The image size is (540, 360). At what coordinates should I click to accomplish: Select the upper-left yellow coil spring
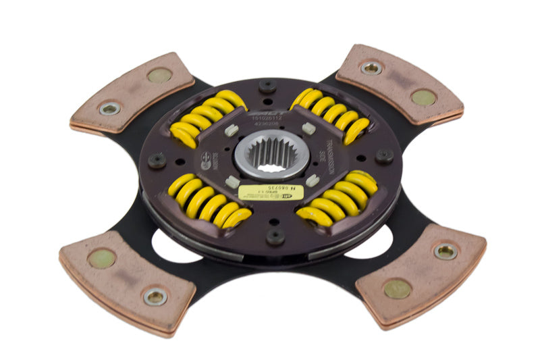[205, 118]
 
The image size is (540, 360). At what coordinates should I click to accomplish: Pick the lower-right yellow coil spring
[337, 199]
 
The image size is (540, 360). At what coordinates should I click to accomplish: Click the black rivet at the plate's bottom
[275, 236]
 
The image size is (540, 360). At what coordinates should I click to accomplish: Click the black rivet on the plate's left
[157, 160]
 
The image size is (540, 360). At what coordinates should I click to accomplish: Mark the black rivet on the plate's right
[385, 156]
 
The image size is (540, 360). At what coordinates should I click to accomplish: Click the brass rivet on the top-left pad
[159, 76]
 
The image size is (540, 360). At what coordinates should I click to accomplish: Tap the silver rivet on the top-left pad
[109, 109]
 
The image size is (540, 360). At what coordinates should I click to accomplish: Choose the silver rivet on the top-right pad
[371, 68]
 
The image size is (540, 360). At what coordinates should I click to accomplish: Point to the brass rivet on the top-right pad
[423, 97]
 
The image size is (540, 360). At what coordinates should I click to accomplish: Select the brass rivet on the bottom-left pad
[102, 258]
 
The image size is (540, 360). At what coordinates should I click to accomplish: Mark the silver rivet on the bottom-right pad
[446, 252]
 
